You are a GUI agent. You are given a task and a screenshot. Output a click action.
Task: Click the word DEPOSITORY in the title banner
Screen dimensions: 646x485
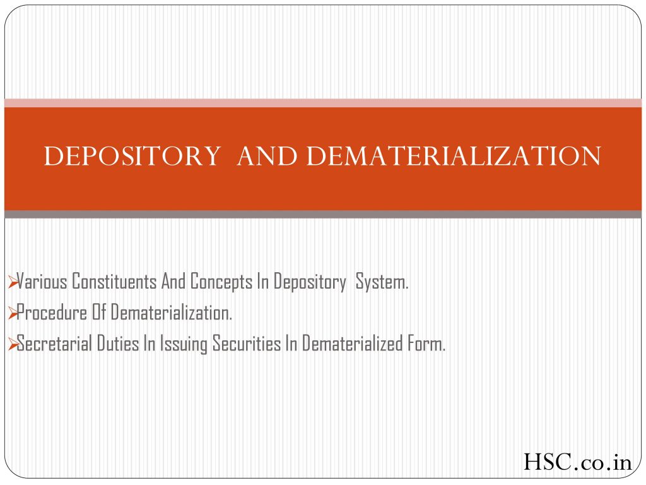click(132, 156)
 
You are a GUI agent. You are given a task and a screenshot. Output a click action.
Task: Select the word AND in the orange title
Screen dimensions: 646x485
click(267, 156)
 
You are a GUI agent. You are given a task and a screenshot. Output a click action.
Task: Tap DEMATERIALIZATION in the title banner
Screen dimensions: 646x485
click(454, 156)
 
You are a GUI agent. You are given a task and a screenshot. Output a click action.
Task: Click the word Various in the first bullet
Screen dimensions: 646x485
click(42, 282)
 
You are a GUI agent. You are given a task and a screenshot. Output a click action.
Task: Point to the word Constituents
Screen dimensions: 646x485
click(114, 282)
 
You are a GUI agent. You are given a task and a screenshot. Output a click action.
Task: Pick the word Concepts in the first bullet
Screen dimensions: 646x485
click(221, 282)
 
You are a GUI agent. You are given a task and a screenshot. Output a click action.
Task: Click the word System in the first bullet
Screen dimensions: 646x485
click(382, 282)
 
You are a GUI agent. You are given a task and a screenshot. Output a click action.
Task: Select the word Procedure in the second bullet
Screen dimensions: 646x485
click(52, 313)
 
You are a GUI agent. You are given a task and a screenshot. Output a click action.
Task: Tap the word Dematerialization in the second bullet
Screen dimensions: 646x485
click(172, 313)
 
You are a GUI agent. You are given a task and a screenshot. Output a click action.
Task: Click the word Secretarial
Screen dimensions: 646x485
click(54, 343)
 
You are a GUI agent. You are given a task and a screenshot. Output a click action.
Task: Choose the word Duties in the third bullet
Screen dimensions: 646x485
click(118, 343)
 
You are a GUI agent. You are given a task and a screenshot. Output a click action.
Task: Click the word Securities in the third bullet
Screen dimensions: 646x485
click(247, 343)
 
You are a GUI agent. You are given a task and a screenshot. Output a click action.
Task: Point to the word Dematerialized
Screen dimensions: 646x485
click(352, 343)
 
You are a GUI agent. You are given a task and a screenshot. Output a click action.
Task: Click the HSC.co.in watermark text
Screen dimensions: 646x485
click(578, 462)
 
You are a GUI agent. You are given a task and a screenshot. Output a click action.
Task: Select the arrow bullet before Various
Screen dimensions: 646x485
click(13, 282)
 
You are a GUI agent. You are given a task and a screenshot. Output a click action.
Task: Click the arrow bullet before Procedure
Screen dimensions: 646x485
click(13, 313)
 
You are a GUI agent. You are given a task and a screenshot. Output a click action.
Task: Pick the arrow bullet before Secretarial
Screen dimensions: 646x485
click(13, 344)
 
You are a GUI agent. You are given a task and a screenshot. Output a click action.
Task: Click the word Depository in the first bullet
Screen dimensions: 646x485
click(310, 282)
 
